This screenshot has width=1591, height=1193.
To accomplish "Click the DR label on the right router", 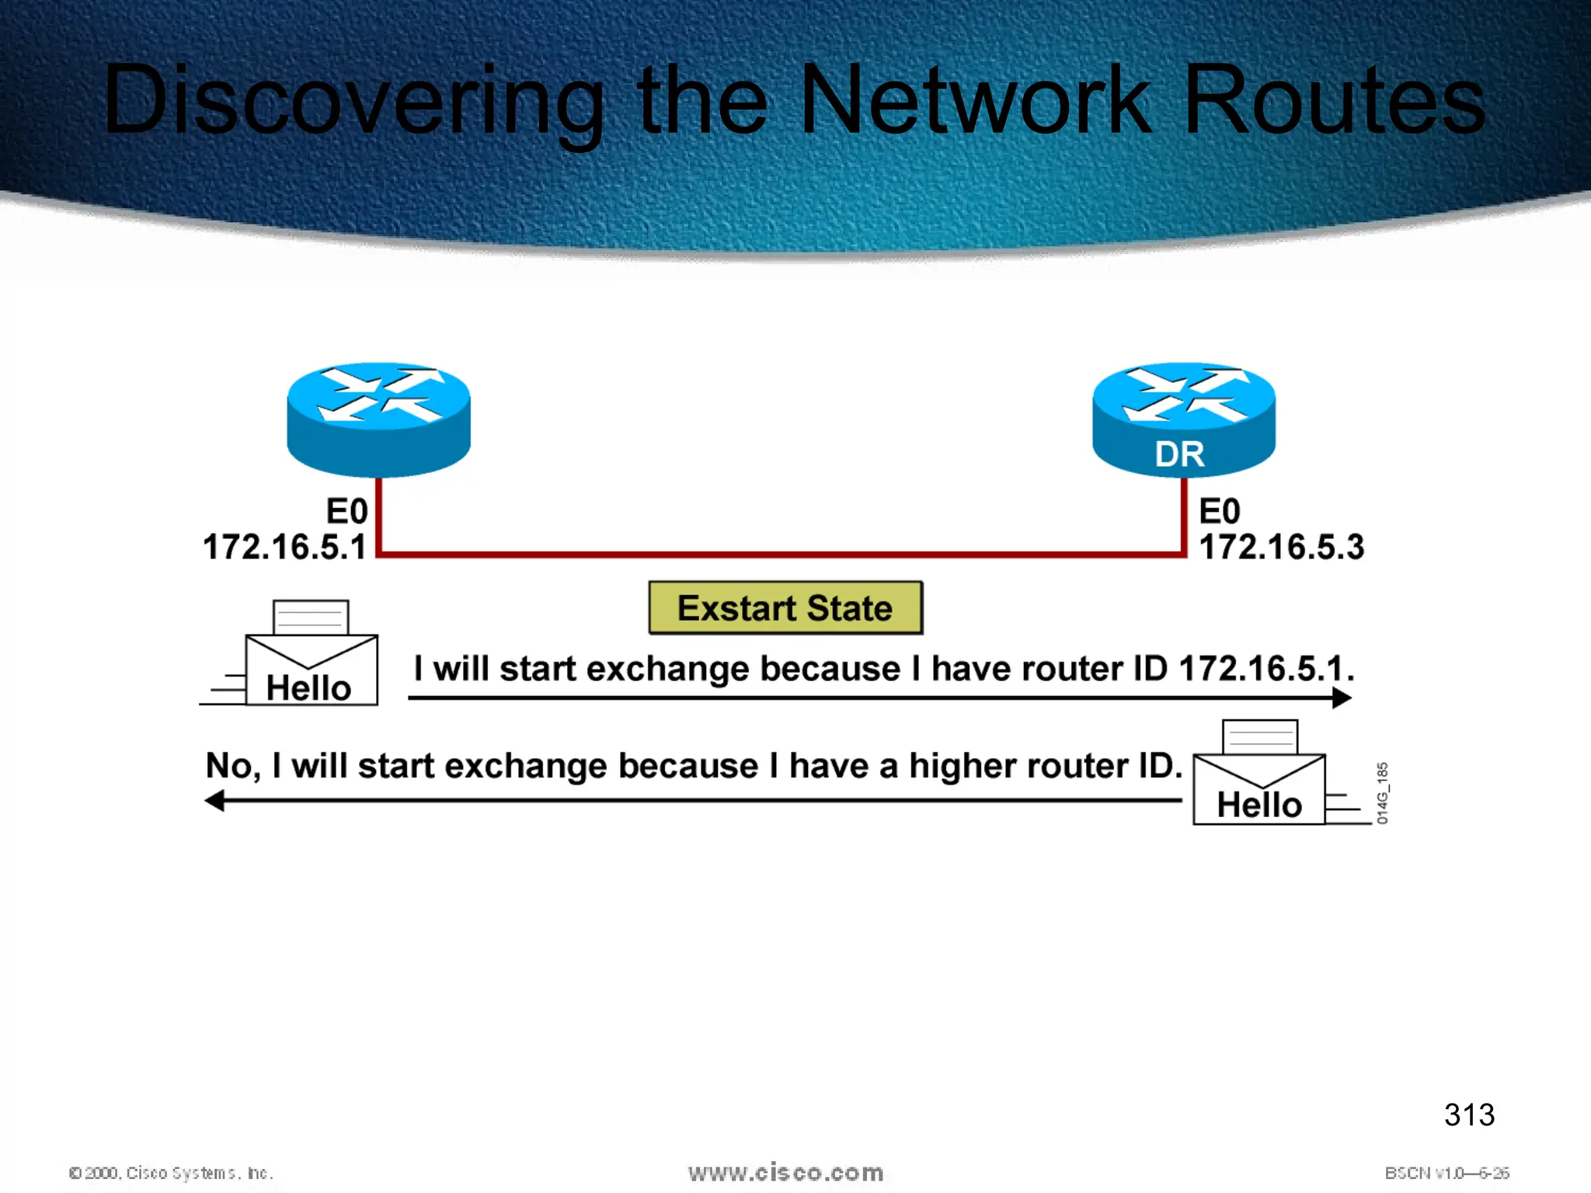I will point(1179,454).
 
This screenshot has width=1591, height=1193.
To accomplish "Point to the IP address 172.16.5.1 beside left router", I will point(284,547).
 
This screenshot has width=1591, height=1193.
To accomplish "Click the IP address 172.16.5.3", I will point(1282,547).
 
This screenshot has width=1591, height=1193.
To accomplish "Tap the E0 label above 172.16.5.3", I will point(1220,512).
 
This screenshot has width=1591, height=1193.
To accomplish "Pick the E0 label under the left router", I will point(346,512).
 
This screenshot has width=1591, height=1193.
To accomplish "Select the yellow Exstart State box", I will point(785,608).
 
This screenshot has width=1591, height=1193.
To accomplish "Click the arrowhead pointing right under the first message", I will point(1342,698).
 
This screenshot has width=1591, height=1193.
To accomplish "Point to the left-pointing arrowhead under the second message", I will point(214,801).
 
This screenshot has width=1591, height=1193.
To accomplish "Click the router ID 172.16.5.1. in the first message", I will point(1265,669).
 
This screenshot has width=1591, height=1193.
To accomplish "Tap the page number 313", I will point(1469,1115).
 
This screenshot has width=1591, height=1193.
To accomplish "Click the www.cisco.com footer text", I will point(785,1172).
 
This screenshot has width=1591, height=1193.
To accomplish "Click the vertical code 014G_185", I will point(1382,793).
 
